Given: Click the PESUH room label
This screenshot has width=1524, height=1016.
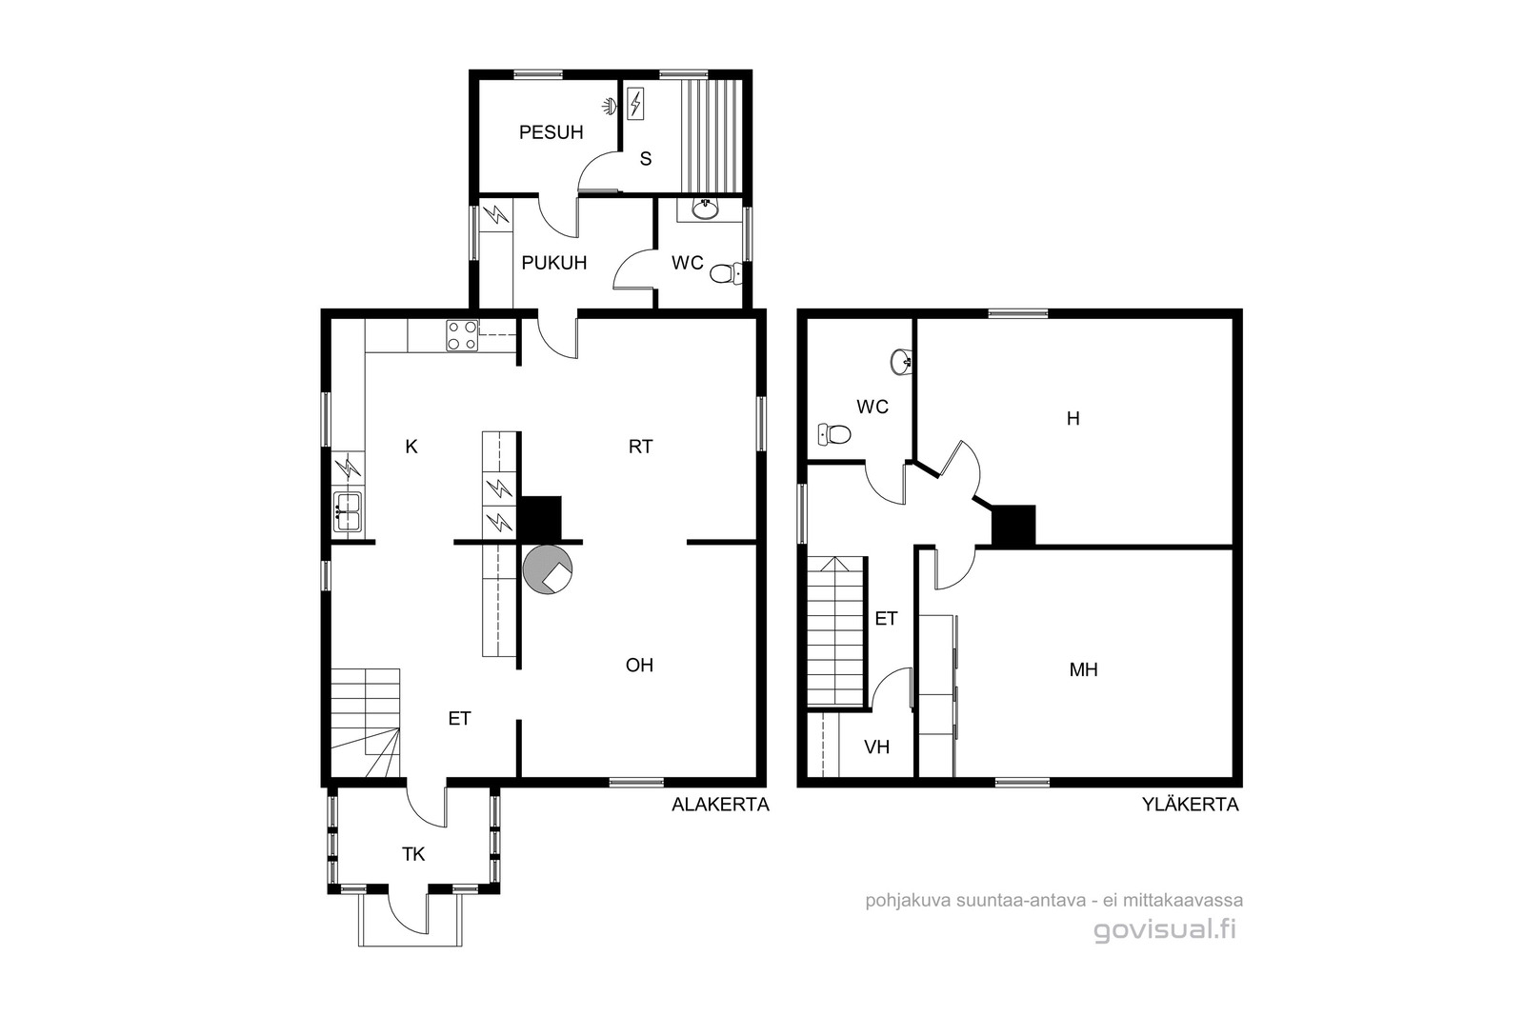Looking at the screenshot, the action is point(551,132).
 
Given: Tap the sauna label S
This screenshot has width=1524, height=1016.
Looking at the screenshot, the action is point(646,158).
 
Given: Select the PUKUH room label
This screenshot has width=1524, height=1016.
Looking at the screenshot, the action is point(553,263).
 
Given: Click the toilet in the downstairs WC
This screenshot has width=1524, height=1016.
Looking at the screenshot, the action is point(726,274).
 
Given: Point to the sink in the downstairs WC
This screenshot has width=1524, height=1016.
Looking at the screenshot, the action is point(706,209).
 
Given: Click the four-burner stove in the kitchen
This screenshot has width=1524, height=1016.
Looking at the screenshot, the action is point(462,335).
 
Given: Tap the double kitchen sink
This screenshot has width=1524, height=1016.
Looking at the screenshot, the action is point(348,512).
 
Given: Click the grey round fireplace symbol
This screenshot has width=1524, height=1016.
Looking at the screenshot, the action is point(547,569).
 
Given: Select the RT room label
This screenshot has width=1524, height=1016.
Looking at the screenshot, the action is point(640,447).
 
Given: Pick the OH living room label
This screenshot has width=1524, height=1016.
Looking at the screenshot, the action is point(639,665).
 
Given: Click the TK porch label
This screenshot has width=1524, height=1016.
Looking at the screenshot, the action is point(413,854).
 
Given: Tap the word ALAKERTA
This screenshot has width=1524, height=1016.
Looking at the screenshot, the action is point(720,805).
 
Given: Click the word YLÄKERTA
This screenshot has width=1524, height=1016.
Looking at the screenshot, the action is point(1191,805).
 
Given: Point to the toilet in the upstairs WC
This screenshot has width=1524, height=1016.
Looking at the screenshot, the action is point(834,433).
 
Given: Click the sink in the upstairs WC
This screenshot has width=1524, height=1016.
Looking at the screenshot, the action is point(901,361).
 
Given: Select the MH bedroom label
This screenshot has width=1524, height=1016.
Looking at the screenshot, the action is point(1084,669).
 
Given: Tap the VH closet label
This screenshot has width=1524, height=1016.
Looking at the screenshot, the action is point(877,747).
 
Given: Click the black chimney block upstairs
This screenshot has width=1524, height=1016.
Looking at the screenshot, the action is point(1013,525).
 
